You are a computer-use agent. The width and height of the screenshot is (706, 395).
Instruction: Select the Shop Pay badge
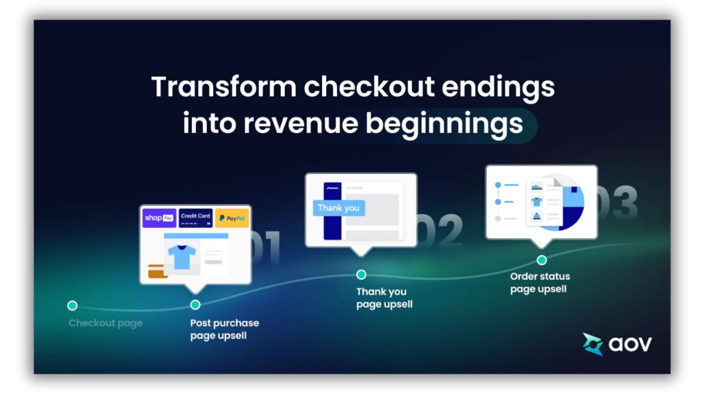(159, 218)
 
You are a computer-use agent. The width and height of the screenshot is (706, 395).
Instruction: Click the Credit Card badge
(195, 218)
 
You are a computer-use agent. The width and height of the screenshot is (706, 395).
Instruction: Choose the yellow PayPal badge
(232, 218)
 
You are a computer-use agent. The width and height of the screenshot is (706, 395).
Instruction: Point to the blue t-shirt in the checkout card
(182, 256)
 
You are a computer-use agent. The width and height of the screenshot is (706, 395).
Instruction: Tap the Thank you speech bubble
(338, 208)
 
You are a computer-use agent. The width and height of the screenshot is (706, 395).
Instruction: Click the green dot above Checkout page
(72, 305)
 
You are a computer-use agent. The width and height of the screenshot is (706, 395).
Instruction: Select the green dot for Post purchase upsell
(195, 305)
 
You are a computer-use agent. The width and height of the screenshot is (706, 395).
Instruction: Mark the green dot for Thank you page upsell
(361, 275)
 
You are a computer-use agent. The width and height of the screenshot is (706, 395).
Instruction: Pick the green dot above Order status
(542, 260)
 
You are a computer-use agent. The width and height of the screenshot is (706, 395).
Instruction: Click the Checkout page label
(105, 323)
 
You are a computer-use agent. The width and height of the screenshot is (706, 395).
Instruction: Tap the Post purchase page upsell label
(224, 329)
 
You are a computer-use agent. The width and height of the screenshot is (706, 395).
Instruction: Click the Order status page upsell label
(540, 282)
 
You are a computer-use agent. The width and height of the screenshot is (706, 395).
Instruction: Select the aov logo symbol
(593, 344)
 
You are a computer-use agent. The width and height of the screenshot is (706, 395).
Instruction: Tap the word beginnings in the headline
(444, 123)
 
